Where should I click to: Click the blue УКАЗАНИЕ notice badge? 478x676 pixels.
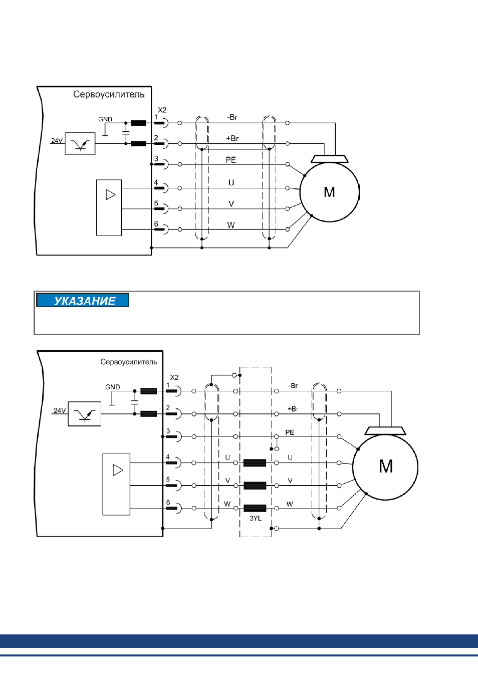click(x=82, y=300)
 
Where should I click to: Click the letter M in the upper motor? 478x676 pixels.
click(x=329, y=192)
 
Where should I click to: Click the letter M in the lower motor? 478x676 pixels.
click(x=386, y=466)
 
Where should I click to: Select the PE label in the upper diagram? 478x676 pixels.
click(x=231, y=160)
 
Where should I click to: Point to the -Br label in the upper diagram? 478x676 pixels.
click(x=232, y=117)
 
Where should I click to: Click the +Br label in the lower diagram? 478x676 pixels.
click(x=293, y=409)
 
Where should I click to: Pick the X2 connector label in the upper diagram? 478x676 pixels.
click(x=162, y=110)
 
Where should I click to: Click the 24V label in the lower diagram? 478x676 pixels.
click(x=60, y=410)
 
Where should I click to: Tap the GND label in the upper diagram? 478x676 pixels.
click(x=105, y=119)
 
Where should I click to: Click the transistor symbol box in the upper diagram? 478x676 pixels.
click(x=80, y=144)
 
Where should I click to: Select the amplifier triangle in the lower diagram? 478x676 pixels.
click(x=118, y=470)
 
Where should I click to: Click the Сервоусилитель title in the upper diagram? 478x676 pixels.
click(x=109, y=94)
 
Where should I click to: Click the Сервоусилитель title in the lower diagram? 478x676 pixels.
click(x=129, y=361)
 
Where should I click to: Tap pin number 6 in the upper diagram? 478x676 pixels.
click(x=156, y=224)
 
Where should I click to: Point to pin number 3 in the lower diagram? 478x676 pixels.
click(x=168, y=430)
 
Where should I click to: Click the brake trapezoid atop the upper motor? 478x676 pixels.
click(x=330, y=159)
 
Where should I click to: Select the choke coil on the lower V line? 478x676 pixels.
click(x=255, y=486)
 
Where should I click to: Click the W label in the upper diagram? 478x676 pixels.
click(x=231, y=225)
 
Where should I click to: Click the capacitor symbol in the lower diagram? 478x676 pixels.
click(x=135, y=402)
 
